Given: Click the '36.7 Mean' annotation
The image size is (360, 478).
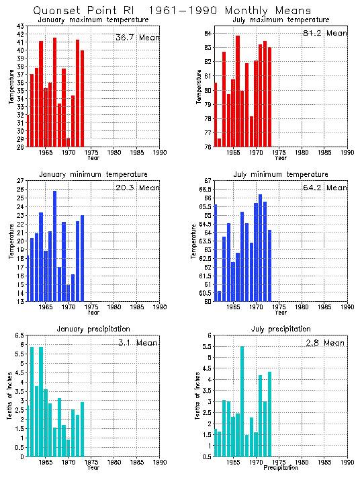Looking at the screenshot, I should (137, 38).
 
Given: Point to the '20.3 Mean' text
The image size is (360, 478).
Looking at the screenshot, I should (137, 188).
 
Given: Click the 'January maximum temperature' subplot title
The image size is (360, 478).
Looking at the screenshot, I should (93, 19).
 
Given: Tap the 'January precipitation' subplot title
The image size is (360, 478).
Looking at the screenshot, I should (93, 329).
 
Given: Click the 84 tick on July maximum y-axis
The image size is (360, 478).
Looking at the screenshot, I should (208, 34).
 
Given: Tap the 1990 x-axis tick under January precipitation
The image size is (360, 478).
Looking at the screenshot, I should (160, 463).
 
